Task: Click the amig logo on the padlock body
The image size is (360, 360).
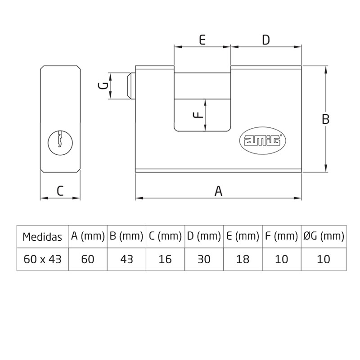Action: click(263, 140)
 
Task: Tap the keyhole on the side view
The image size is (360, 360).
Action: click(60, 143)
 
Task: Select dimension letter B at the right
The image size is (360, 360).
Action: click(325, 119)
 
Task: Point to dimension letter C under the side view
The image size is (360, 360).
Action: click(60, 190)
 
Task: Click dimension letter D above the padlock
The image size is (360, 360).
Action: click(266, 40)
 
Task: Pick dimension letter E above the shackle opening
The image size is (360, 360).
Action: click(202, 40)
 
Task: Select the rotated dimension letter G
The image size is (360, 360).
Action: click(103, 85)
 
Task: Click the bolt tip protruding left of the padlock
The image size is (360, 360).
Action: click(131, 86)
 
